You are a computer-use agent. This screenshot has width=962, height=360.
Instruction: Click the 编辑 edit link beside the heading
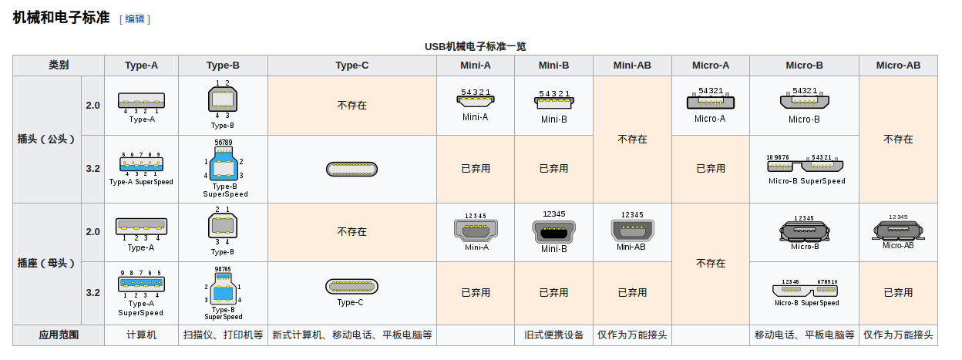pos(135,19)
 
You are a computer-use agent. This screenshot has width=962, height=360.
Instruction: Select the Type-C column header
pos(352,66)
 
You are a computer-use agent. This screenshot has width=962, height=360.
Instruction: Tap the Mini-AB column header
pos(632,66)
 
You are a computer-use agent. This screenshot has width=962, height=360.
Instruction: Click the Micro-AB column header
pos(898,66)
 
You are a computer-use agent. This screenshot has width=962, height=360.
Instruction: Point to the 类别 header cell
pos(59,66)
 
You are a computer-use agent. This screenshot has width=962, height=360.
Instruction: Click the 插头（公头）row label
pos(47,140)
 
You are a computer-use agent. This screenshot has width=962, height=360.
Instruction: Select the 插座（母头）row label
pos(47,263)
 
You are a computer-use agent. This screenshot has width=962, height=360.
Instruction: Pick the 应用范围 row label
pos(59,335)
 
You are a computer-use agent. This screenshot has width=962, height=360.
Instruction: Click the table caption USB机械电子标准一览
pos(475,46)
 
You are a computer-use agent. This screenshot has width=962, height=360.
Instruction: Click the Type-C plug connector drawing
pos(352,169)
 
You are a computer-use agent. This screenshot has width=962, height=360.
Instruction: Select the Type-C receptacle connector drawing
pos(352,286)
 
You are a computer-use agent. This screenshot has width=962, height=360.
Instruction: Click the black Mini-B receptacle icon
pos(553,231)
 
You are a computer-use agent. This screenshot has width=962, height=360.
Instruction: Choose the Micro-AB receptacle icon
pos(898,230)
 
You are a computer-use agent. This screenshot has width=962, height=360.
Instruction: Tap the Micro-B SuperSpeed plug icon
pos(805,166)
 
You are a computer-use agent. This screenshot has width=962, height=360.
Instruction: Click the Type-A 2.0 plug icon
pos(141,100)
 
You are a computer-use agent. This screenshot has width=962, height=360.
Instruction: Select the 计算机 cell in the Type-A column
pos(141,335)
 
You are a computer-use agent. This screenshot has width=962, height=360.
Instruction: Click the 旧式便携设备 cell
pos(553,335)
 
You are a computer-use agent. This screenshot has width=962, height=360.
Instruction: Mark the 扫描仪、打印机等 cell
pos(223,335)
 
